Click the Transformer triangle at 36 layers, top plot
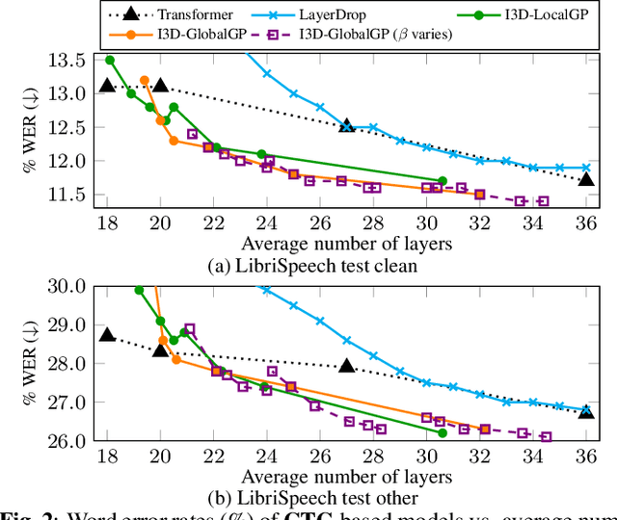point(586,180)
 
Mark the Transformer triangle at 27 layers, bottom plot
point(347,366)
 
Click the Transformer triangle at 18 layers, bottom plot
point(107,335)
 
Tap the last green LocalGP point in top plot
point(443,180)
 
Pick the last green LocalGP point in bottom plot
point(443,433)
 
